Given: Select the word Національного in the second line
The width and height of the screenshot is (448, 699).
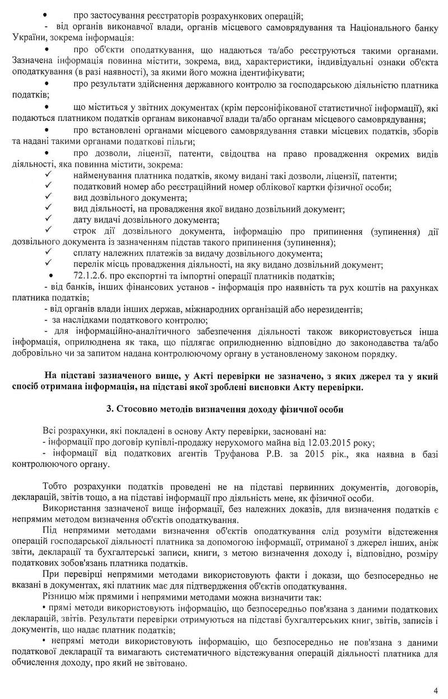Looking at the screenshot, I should click(359, 26).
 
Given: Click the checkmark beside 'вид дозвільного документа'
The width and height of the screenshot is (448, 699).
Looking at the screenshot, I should click(49, 198).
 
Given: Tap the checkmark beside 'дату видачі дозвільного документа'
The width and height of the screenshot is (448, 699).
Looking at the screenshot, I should click(49, 220).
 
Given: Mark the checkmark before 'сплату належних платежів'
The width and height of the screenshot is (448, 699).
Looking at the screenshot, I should click(49, 253).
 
